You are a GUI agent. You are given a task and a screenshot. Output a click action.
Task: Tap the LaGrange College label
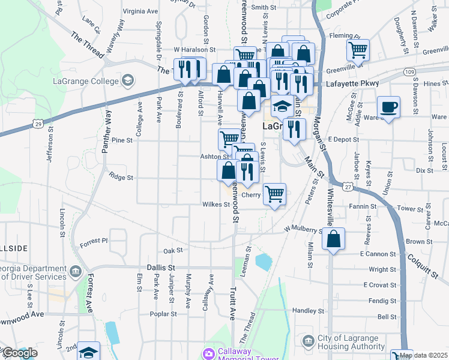pyautogui.click(x=86, y=80)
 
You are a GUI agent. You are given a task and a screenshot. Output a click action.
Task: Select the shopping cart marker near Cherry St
pyautogui.click(x=274, y=194)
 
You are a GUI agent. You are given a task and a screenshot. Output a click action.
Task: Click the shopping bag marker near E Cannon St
pyautogui.click(x=333, y=239)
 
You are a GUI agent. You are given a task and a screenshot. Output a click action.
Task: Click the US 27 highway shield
pyautogui.click(x=348, y=187)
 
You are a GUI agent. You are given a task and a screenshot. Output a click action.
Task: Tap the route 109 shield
pyautogui.click(x=409, y=72)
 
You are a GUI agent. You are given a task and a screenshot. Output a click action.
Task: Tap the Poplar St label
pyautogui.click(x=164, y=313)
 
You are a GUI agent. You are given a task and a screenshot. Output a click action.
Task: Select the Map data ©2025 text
pyautogui.click(x=423, y=355)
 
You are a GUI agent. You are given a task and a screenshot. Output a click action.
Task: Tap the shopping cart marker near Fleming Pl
pyautogui.click(x=358, y=50)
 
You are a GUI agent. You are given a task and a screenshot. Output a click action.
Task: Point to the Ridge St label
pyautogui.click(x=120, y=177)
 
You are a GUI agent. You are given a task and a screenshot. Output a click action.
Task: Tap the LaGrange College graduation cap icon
pyautogui.click(x=127, y=80)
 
